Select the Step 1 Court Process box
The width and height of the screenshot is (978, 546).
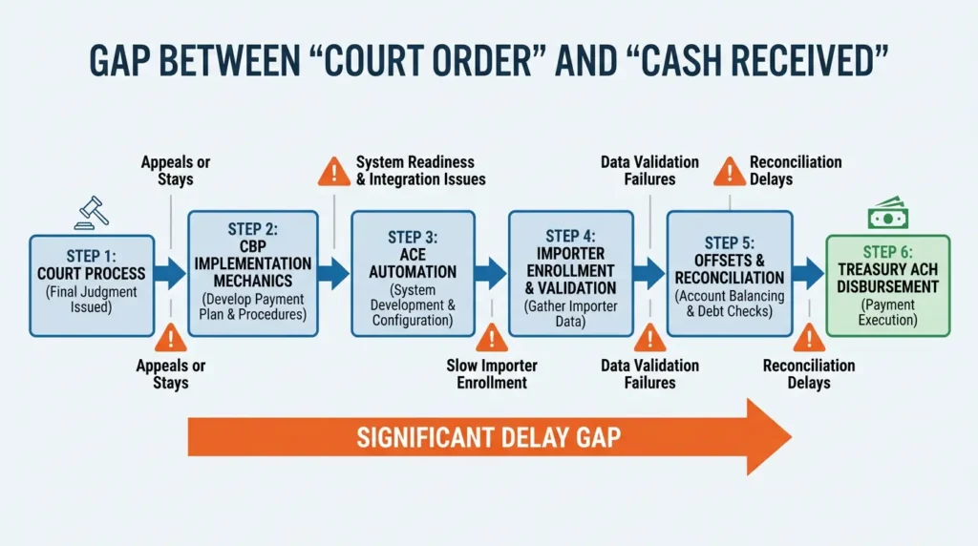pos(91,284)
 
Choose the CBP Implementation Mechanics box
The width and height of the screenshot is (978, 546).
pos(252,273)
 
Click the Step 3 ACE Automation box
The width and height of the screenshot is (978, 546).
pos(414,273)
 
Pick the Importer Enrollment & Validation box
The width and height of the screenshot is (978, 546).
pos(570,273)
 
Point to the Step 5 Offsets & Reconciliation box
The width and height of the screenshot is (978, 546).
pos(729,273)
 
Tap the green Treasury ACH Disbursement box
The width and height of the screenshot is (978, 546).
pos(887,284)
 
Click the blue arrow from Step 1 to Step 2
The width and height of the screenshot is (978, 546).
pos(171,273)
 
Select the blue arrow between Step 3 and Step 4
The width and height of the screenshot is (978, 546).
pos(491,273)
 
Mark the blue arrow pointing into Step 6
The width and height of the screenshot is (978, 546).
pos(808,273)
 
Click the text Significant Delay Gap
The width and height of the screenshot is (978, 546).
pos(488,438)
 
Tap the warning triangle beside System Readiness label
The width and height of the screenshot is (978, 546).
pos(333,172)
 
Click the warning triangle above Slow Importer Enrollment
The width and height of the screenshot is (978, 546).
pos(492,337)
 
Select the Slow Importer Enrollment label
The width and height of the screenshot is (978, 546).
pos(492,374)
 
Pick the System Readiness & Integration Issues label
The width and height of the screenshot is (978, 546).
pos(420,171)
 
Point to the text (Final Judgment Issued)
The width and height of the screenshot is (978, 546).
pos(91,301)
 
